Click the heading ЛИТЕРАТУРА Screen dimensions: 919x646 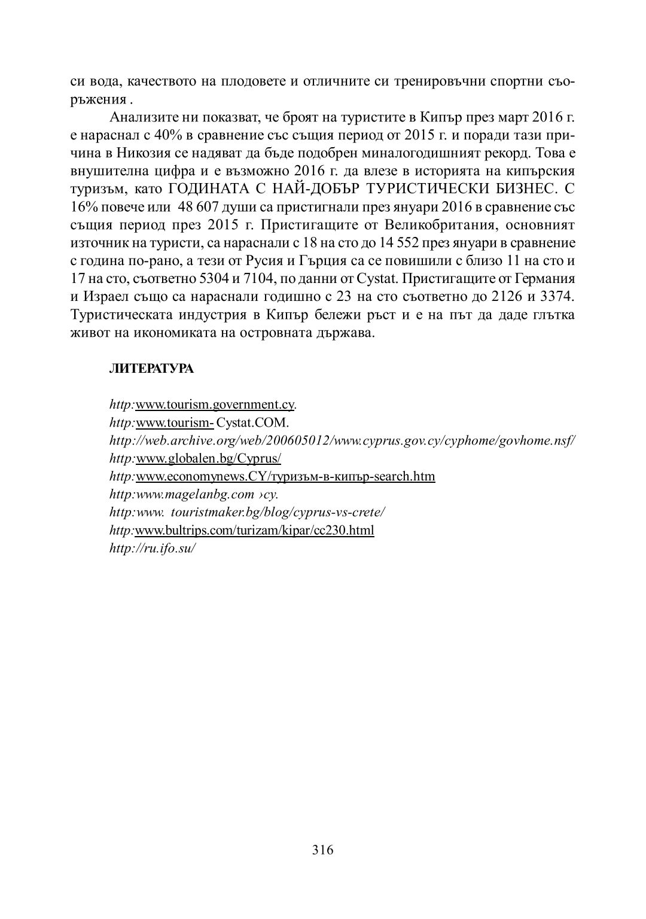(151, 369)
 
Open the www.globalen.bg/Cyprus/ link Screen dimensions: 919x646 (209, 459)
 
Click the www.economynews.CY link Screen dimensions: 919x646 (285, 477)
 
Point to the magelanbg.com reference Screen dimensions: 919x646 (194, 495)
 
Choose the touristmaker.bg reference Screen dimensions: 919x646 (248, 513)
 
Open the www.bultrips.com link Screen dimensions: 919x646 (255, 531)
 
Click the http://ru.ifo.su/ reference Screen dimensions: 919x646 (153, 549)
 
